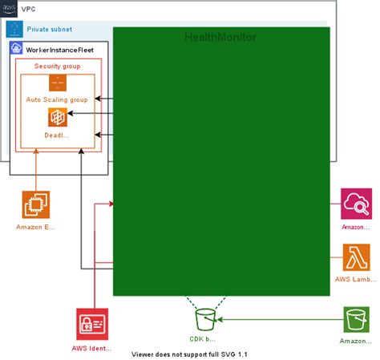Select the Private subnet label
49,29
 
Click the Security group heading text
57,66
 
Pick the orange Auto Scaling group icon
57,83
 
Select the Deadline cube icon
57,117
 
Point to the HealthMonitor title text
220,37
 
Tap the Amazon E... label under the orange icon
36,227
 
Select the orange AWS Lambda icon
355,258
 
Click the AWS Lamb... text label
355,279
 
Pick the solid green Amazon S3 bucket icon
355,319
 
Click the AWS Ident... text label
91,350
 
